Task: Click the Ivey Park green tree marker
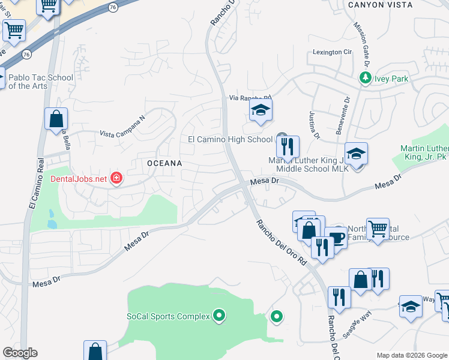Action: pyautogui.click(x=364, y=78)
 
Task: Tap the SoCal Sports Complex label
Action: pyautogui.click(x=168, y=316)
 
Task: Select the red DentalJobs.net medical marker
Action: pyautogui.click(x=116, y=178)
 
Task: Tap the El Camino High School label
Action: pyautogui.click(x=231, y=140)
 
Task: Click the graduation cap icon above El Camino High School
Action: pyautogui.click(x=261, y=110)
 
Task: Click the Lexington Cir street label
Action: pyautogui.click(x=331, y=52)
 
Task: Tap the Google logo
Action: pyautogui.click(x=20, y=353)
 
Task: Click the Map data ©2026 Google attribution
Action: pyautogui.click(x=412, y=355)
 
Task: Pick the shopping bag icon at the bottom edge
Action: pyautogui.click(x=95, y=350)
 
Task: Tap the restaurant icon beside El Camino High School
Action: pyautogui.click(x=288, y=146)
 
